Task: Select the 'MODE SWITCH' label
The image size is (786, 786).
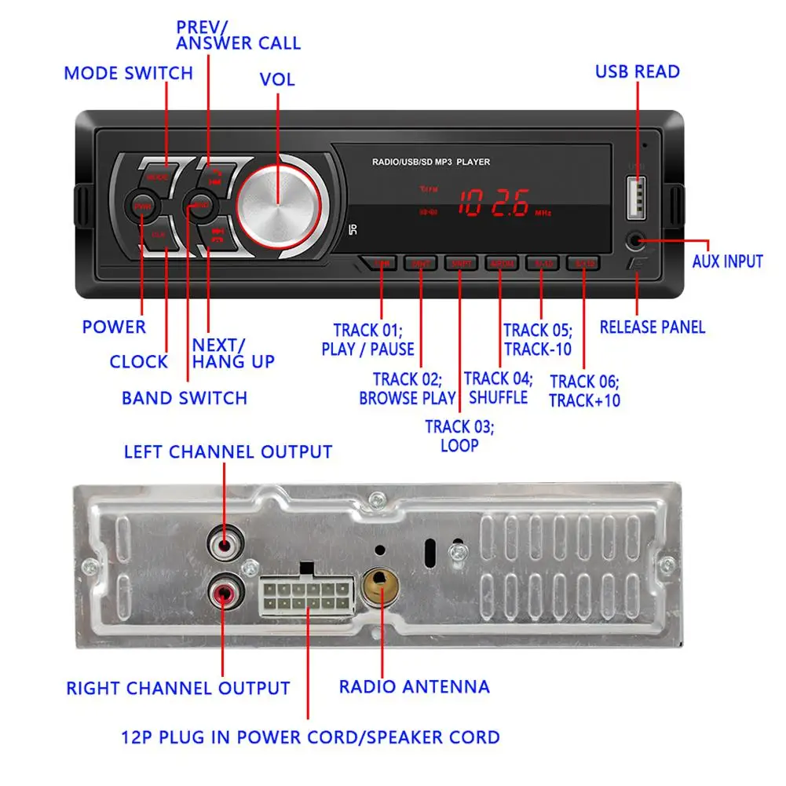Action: tap(128, 74)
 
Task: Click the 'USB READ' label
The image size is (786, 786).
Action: tap(637, 71)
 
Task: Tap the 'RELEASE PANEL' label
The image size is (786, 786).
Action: tap(652, 327)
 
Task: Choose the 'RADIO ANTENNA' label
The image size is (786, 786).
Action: tap(414, 686)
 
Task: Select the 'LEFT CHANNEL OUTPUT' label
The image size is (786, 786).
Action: tap(228, 452)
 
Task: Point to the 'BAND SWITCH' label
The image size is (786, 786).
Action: tap(185, 398)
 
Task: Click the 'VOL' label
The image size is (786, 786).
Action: tap(277, 80)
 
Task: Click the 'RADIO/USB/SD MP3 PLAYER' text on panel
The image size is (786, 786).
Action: tap(431, 162)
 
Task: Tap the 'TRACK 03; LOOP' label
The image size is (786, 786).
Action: tap(459, 436)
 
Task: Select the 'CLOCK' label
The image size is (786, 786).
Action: tap(138, 362)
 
